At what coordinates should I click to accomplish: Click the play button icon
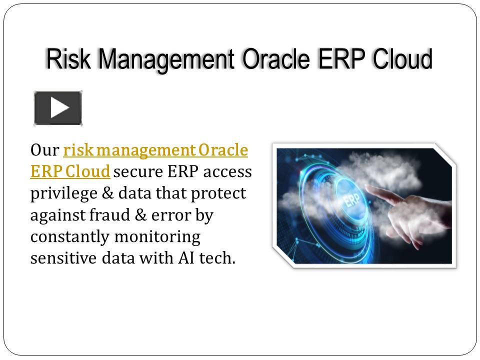point(58,108)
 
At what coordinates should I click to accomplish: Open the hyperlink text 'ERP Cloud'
point(70,172)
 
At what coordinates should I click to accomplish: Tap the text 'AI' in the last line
point(182,258)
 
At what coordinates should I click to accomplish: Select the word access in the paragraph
point(228,172)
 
